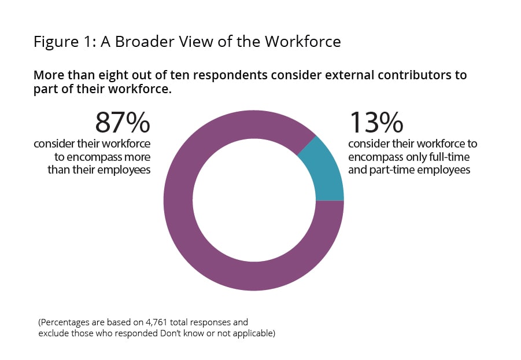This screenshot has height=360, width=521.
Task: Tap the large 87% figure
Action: (x=123, y=122)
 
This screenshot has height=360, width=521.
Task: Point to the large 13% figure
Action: (x=376, y=122)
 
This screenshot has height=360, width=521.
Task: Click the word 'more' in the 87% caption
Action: (x=138, y=157)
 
